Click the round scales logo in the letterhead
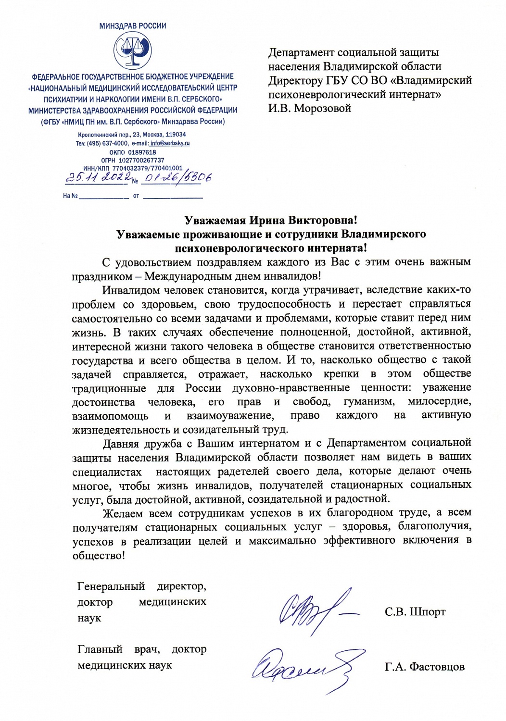[132, 51]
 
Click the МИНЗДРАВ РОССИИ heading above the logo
[132, 26]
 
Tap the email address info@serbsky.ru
[170, 143]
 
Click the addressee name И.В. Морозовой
[310, 108]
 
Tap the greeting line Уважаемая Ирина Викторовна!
[271, 220]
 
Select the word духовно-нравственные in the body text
[291, 388]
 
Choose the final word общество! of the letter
[99, 555]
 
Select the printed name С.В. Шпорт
[415, 612]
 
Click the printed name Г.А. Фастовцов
[425, 667]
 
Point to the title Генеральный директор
[141, 586]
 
